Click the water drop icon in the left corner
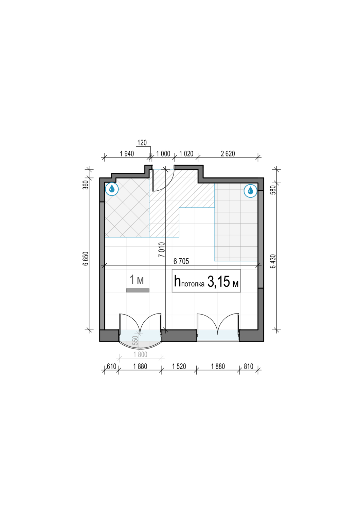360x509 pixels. point(112,189)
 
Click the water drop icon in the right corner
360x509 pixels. point(250,191)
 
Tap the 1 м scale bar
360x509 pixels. point(138,290)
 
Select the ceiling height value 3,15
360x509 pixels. point(218,282)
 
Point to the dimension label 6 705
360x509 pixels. point(181,261)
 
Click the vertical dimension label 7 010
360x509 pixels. point(162,250)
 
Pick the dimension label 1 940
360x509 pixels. point(127,154)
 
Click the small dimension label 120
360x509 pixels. point(142,143)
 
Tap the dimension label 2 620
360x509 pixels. point(228,154)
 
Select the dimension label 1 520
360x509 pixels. point(179,366)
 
